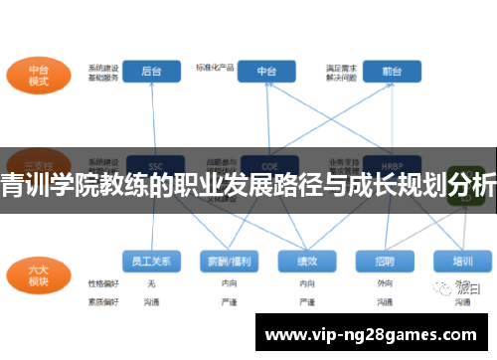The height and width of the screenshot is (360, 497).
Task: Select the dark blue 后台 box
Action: [x=152, y=72]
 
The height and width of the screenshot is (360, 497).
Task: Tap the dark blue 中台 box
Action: [x=267, y=72]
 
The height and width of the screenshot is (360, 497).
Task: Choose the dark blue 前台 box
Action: [x=392, y=72]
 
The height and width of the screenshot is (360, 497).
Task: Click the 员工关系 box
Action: [x=152, y=261]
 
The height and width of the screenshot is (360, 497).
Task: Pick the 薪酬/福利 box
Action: [x=229, y=261]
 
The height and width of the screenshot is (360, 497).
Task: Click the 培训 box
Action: [x=462, y=261]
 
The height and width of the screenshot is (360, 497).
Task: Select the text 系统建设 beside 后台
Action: [x=103, y=67]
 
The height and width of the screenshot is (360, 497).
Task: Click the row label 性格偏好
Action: [x=102, y=283]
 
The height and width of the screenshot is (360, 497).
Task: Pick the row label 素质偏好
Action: [x=102, y=299]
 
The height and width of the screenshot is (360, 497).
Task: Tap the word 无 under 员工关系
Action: [x=151, y=283]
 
